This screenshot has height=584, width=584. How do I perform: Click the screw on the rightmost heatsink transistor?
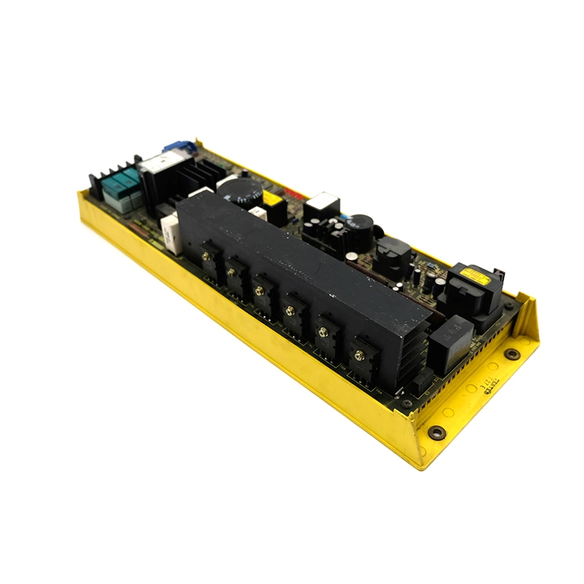tap(358, 356)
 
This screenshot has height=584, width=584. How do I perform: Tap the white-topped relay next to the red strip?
tap(322, 204)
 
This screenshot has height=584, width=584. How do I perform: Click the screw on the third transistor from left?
tap(259, 291)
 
